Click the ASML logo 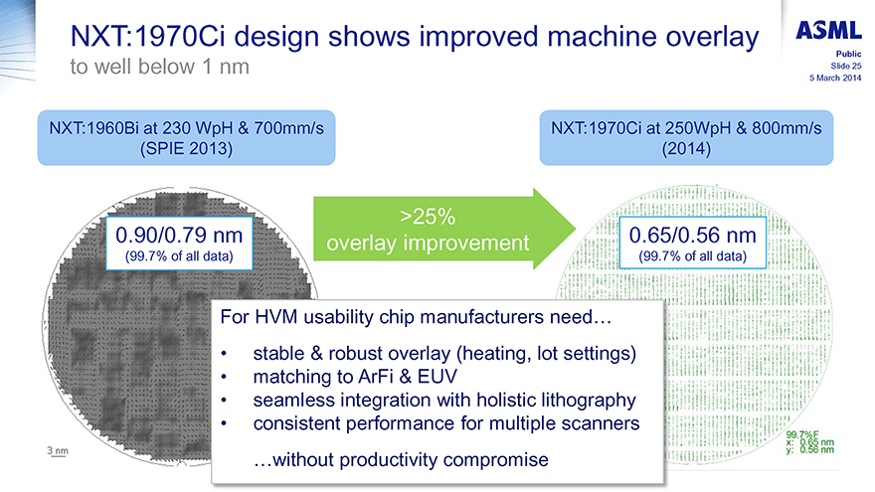(828, 30)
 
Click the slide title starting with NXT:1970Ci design (415, 37)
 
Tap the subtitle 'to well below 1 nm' (160, 67)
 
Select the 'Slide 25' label (845, 66)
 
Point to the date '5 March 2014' (835, 79)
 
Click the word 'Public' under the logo (848, 54)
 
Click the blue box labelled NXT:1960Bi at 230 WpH (186, 138)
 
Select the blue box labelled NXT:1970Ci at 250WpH (686, 138)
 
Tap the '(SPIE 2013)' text (186, 149)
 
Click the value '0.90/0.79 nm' (179, 236)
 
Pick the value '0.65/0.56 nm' (692, 236)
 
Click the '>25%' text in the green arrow (428, 217)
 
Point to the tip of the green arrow (576, 229)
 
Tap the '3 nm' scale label (58, 450)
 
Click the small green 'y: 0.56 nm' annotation (809, 450)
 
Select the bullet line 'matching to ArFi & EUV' (355, 377)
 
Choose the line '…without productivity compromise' (401, 459)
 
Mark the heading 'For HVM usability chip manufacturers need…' (416, 317)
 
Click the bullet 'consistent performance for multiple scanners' (446, 423)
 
